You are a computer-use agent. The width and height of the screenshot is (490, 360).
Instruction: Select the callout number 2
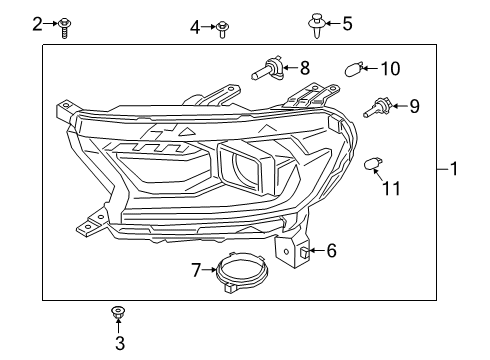click(x=37, y=23)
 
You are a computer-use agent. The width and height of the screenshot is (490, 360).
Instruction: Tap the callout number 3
click(x=119, y=345)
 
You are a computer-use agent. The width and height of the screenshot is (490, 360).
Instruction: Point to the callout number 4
click(x=196, y=27)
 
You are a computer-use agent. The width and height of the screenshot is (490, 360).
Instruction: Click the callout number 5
click(x=346, y=23)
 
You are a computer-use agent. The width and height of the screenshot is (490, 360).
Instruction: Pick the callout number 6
click(x=331, y=251)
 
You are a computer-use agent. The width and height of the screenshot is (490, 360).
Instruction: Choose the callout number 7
click(x=197, y=268)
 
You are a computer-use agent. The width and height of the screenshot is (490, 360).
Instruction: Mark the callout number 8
click(x=305, y=69)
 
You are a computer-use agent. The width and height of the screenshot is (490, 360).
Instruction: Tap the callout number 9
click(x=414, y=105)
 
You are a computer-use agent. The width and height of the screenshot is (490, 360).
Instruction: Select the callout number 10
click(x=390, y=68)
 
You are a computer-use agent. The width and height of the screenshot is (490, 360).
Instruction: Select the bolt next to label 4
click(x=222, y=28)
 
